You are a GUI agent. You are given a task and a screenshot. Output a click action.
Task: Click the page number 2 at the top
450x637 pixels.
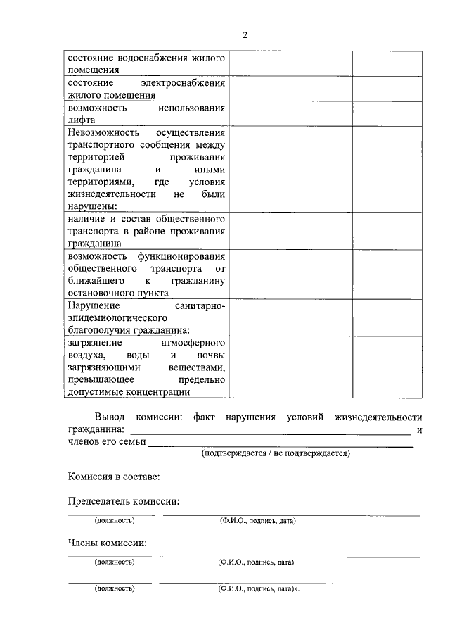coord(245,35)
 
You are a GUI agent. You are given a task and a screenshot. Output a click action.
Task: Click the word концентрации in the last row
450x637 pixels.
coord(161,392)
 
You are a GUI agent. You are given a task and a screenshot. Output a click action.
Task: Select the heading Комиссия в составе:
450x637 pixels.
coord(114,477)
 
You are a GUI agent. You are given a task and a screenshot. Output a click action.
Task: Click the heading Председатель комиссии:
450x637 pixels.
coord(123,501)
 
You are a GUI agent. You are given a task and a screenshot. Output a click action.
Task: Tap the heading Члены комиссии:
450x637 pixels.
coord(108,543)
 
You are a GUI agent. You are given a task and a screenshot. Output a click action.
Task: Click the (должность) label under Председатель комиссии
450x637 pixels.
coord(114,521)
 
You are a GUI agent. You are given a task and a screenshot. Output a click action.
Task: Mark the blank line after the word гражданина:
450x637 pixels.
coord(271,430)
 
